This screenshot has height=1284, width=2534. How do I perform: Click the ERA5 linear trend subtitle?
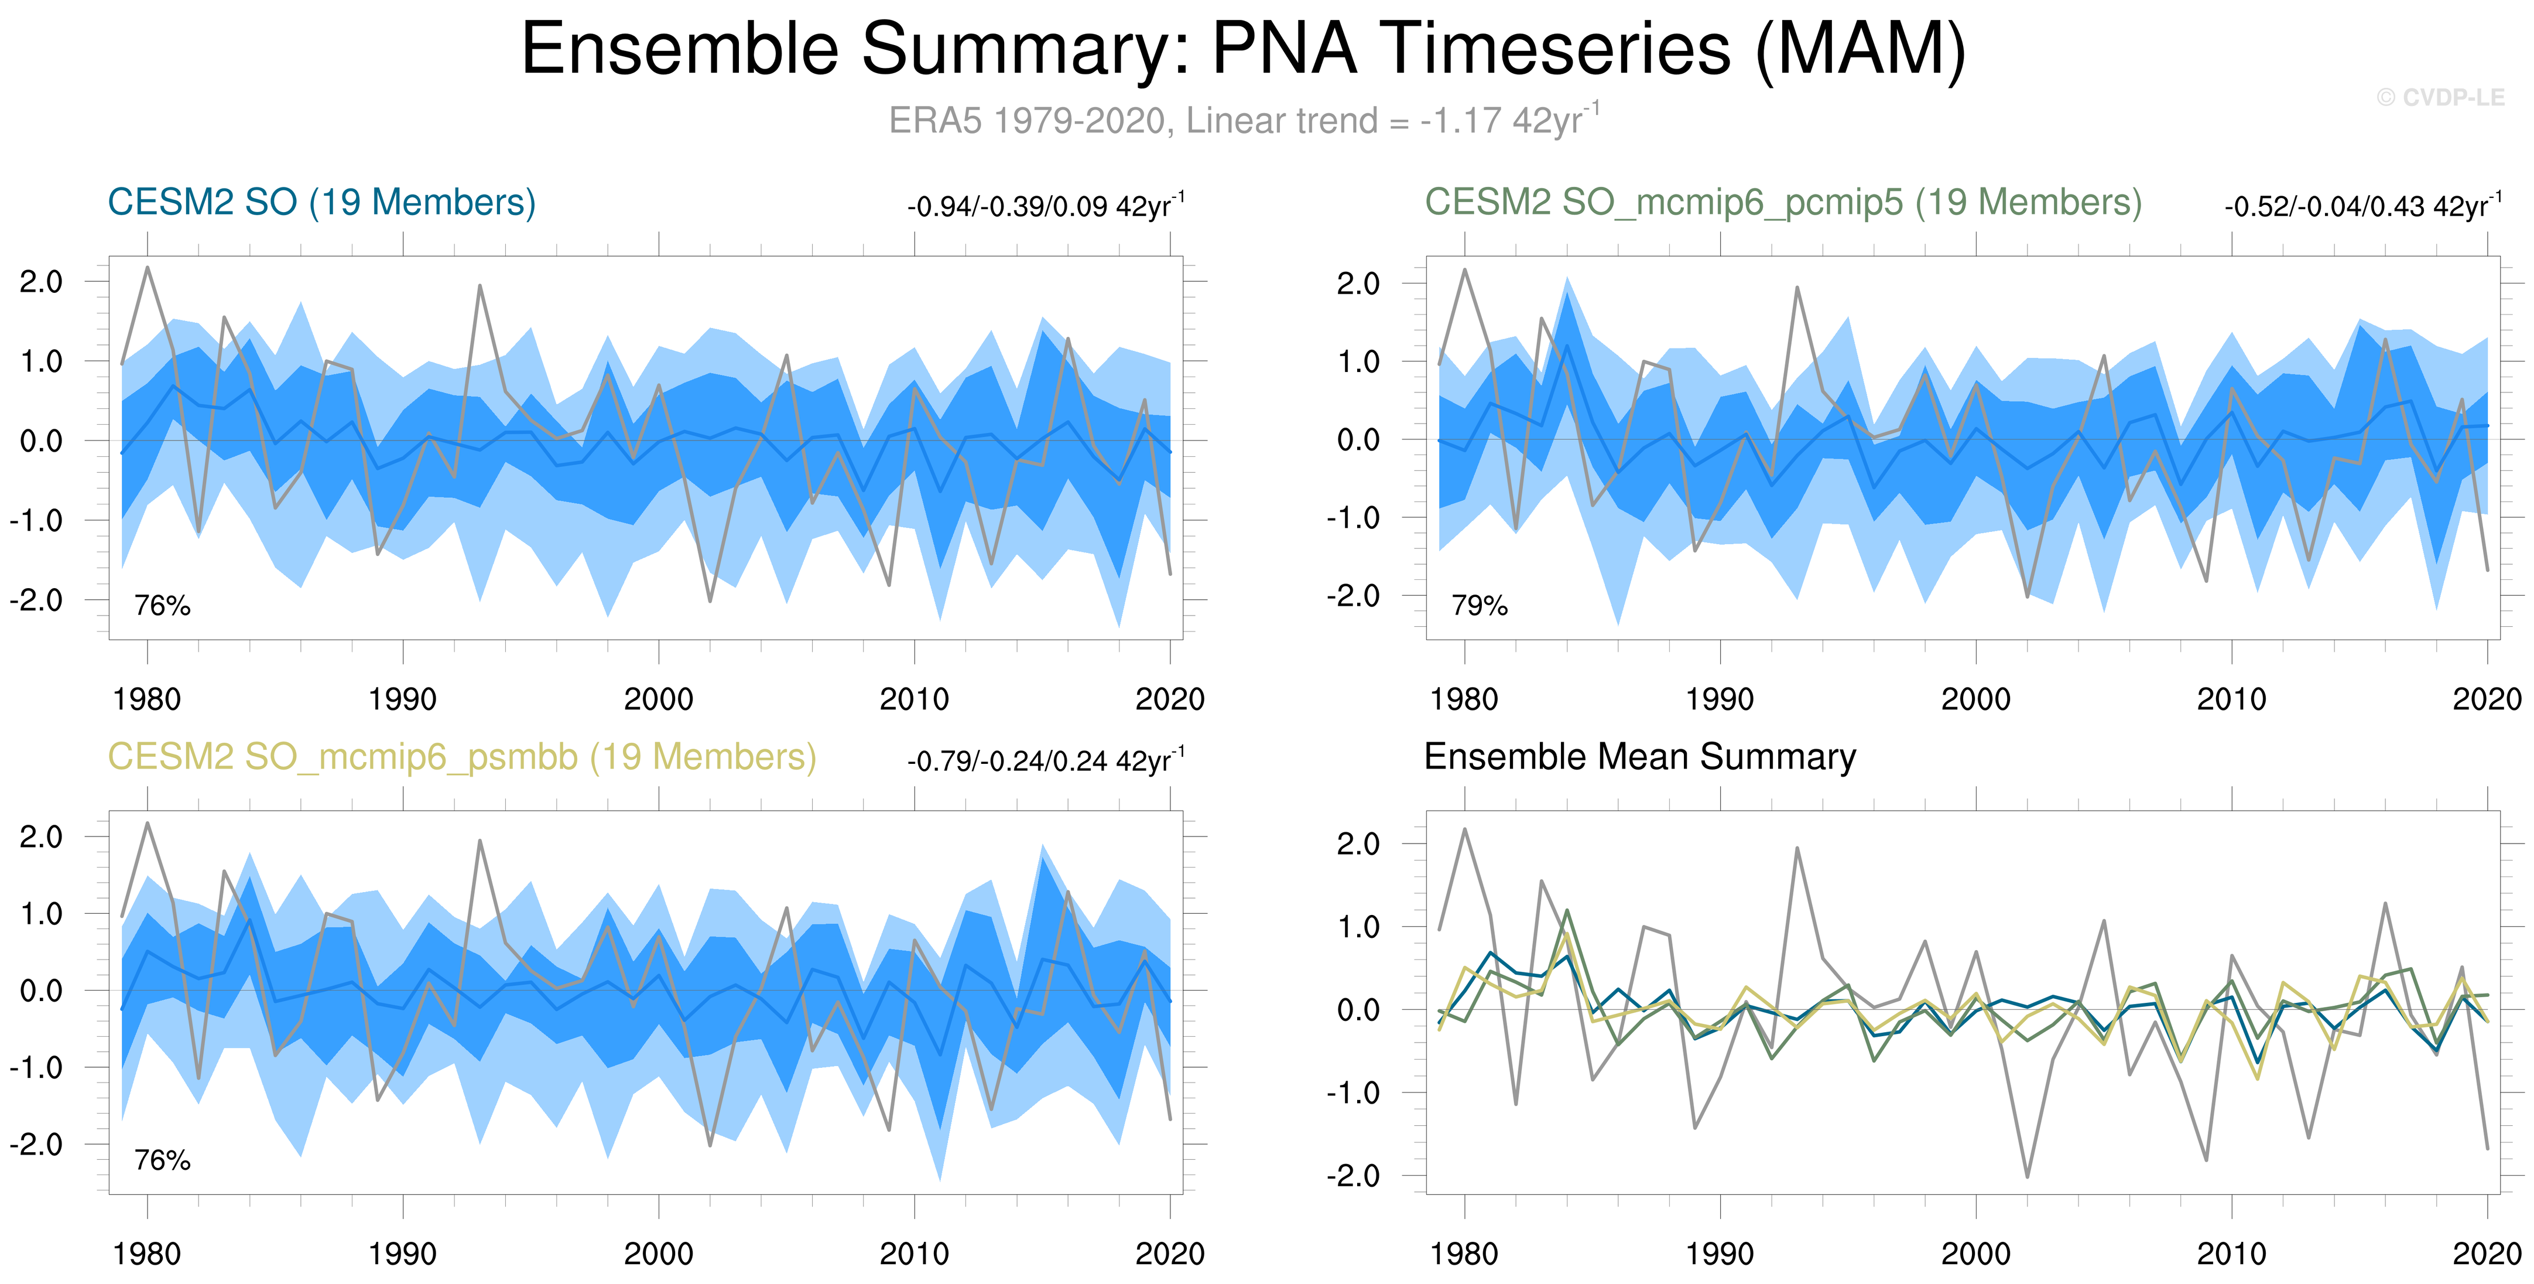[1244, 119]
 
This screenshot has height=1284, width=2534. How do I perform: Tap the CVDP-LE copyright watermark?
[2440, 97]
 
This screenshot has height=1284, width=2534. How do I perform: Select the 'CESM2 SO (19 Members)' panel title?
[321, 203]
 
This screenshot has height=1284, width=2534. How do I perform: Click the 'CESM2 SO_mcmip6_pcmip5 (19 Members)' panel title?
[1782, 203]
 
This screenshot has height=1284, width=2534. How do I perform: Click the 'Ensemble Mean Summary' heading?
[1640, 757]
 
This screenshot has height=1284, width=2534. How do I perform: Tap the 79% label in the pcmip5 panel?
[1480, 605]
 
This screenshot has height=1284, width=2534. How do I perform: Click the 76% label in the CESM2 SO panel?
[162, 605]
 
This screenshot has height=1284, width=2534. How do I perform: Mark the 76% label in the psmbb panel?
[162, 1160]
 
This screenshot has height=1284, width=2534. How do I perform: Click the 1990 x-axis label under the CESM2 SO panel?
[402, 699]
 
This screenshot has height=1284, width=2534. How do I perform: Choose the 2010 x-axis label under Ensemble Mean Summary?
[2231, 1254]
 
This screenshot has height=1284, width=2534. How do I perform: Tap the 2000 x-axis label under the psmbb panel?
[658, 1254]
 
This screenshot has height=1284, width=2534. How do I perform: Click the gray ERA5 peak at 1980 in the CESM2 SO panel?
[148, 268]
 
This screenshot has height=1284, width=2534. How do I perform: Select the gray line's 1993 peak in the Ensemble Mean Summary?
[1797, 848]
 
